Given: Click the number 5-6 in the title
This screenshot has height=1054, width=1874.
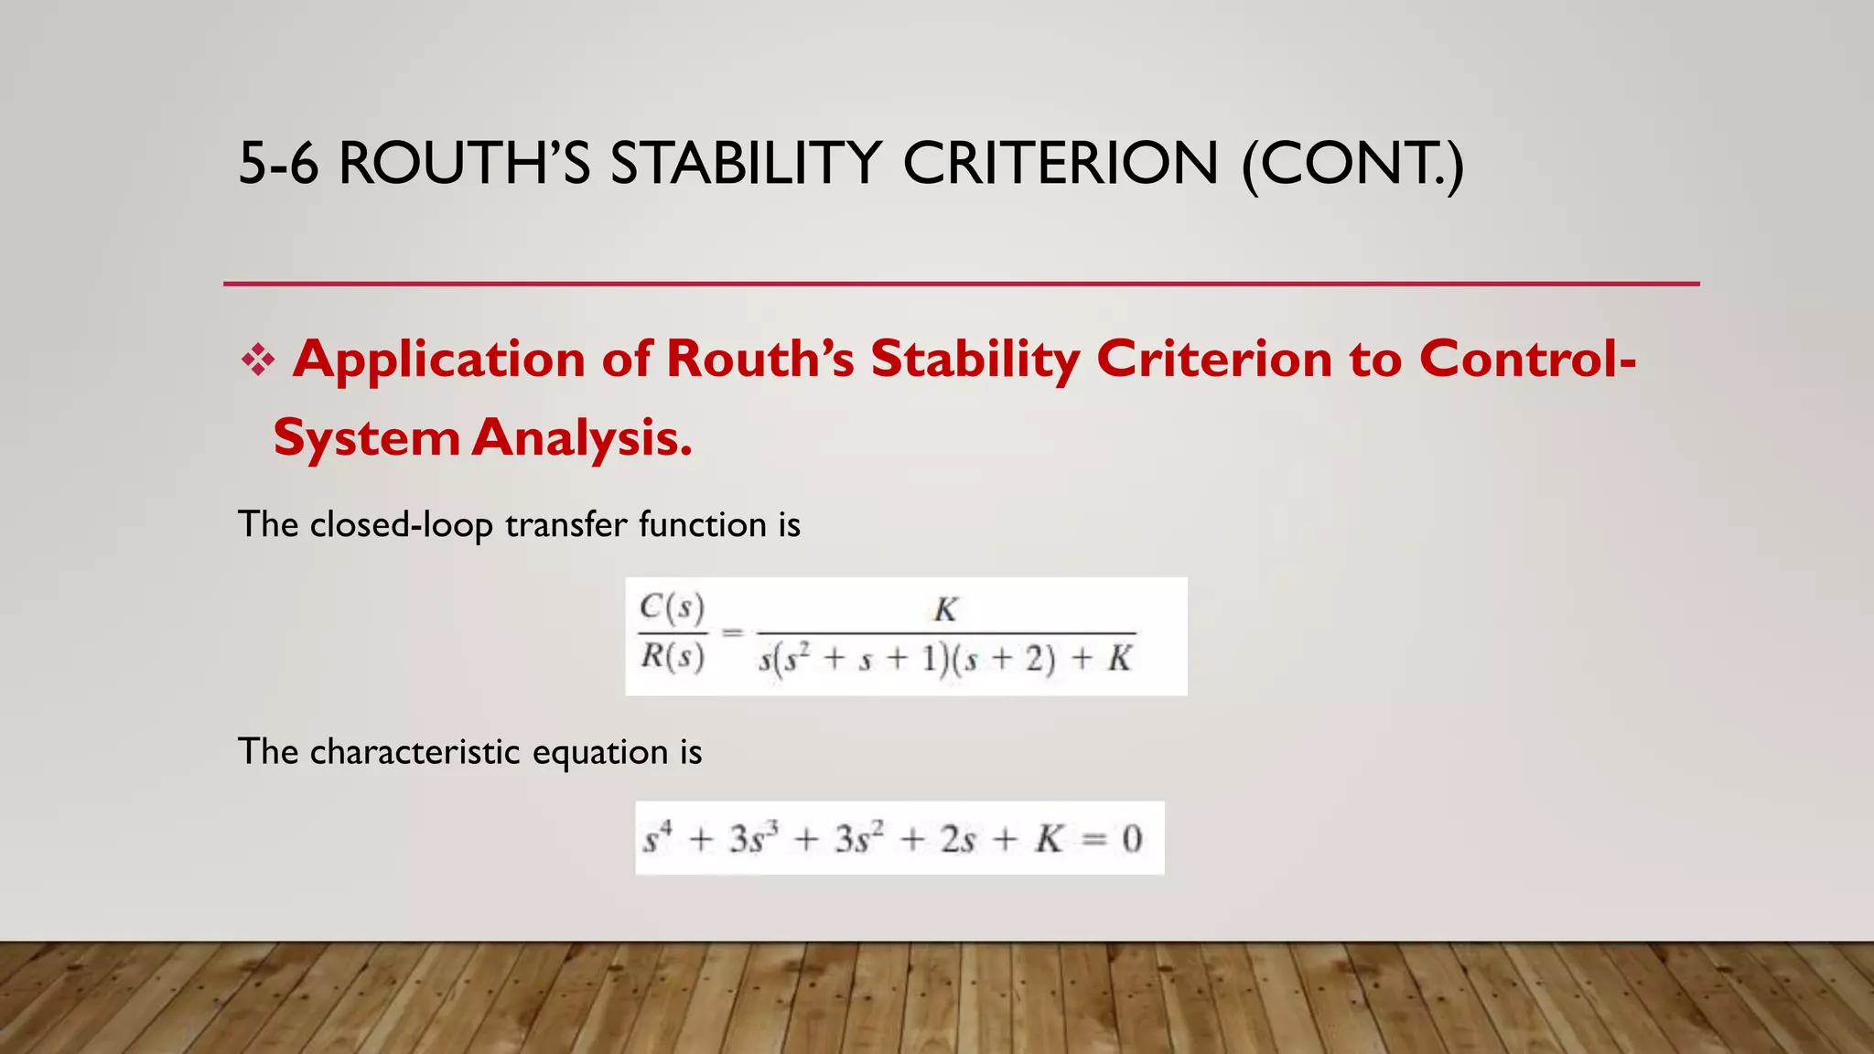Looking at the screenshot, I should (278, 165).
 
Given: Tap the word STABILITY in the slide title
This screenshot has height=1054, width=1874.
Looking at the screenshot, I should (746, 165).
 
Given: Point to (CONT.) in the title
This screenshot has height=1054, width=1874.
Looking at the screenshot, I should (1352, 165).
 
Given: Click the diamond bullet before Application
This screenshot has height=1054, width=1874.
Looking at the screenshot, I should (258, 360).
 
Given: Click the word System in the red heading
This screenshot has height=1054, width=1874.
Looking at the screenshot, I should (366, 438).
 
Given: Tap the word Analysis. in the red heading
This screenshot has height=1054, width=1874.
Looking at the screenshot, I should (582, 438).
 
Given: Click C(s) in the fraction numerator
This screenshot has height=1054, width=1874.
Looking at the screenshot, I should (673, 607).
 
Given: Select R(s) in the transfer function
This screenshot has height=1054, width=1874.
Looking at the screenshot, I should (673, 657).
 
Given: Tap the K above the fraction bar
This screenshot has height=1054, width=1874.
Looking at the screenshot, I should (945, 609).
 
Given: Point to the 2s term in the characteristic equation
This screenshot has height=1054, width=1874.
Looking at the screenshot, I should (957, 839).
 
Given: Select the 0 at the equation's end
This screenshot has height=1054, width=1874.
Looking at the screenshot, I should (1132, 839).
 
